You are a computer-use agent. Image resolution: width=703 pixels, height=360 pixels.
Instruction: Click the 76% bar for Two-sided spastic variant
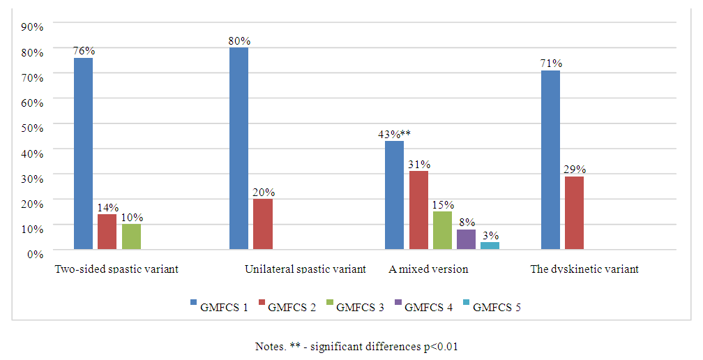coord(83,153)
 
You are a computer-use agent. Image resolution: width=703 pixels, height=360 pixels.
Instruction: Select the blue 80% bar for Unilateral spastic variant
coord(239,148)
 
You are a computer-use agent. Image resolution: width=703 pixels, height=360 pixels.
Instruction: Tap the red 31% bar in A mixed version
coord(418,210)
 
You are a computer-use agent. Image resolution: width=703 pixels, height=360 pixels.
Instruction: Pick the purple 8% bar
coord(466,239)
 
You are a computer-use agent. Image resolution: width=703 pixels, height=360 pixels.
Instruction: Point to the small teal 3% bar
coord(490,245)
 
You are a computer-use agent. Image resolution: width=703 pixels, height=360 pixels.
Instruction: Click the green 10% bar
coord(131,237)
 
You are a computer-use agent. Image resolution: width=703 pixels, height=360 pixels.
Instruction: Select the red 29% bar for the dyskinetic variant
coord(575,213)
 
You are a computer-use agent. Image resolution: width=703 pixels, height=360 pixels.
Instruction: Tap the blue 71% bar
coord(551,160)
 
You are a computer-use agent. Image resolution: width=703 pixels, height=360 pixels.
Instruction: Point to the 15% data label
coord(443,205)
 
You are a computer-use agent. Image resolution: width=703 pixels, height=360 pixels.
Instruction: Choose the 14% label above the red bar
coord(107,208)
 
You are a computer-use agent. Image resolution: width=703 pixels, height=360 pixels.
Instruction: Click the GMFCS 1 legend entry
coord(219,306)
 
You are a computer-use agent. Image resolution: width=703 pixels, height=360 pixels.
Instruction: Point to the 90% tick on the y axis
coord(33,27)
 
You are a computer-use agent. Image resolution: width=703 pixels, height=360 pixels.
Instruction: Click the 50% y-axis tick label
coord(33,127)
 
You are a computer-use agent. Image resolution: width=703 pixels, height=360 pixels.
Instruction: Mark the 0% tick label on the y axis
coord(36,253)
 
